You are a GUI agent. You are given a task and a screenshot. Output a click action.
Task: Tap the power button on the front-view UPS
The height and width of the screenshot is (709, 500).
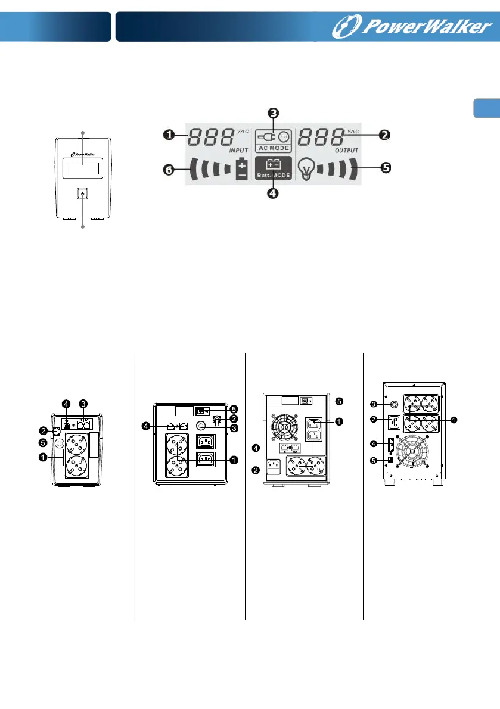tap(82, 194)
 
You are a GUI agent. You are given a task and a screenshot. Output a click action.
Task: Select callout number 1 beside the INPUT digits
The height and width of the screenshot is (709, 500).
tap(169, 135)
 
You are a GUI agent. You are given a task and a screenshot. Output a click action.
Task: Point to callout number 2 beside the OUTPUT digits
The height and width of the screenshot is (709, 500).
tap(385, 135)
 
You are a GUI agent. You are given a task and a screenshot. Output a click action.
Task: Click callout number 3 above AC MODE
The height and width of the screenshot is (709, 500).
tap(272, 113)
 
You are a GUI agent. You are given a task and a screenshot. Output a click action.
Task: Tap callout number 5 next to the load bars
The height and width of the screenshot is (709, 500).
tap(386, 168)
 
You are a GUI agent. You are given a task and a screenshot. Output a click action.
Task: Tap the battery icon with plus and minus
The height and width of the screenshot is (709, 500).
tap(242, 170)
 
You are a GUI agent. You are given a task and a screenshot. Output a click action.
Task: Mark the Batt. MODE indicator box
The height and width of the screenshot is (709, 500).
tap(272, 168)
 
